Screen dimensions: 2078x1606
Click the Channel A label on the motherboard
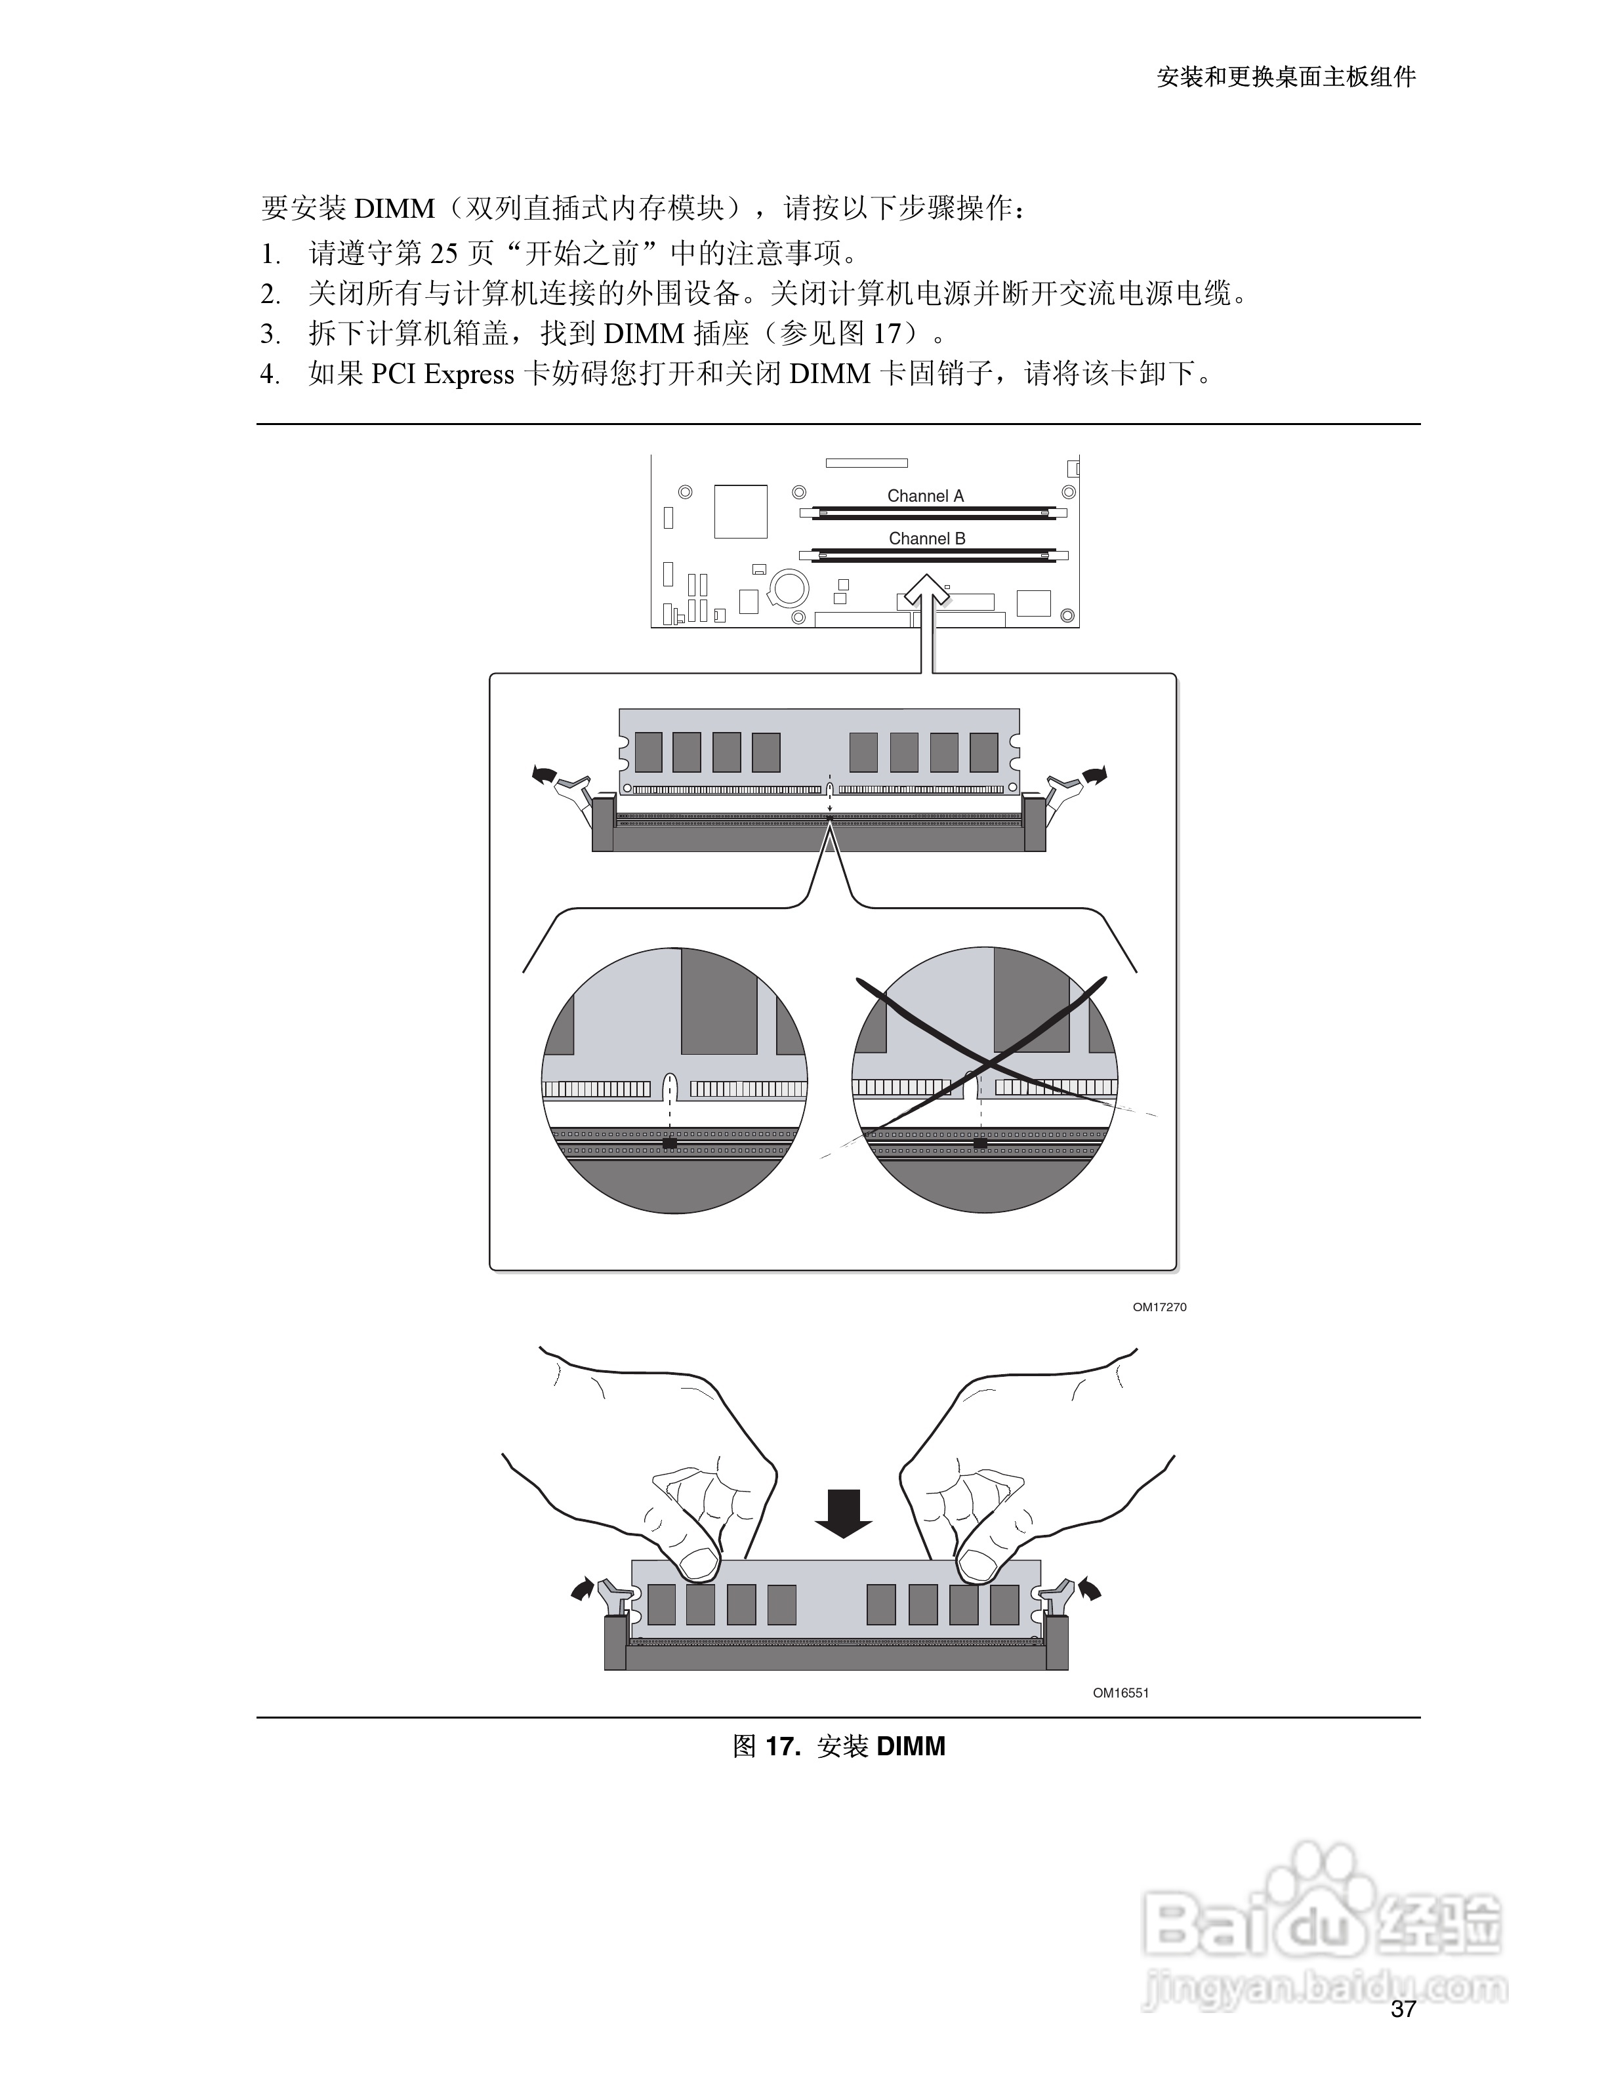pos(925,496)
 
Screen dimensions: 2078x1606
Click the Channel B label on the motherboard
pos(927,539)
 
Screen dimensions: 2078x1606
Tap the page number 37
pos(1403,2008)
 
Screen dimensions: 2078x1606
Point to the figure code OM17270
pos(1159,1307)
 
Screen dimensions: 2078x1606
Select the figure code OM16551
pos(1121,1693)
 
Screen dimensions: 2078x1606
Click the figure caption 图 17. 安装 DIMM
pos(838,1746)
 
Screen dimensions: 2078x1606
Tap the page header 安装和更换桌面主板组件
pos(1287,77)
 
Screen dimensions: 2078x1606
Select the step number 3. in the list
pos(270,334)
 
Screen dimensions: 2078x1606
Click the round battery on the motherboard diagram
pos(789,588)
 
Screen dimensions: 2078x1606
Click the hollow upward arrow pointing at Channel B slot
pos(927,609)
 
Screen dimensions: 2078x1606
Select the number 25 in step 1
pos(444,253)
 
